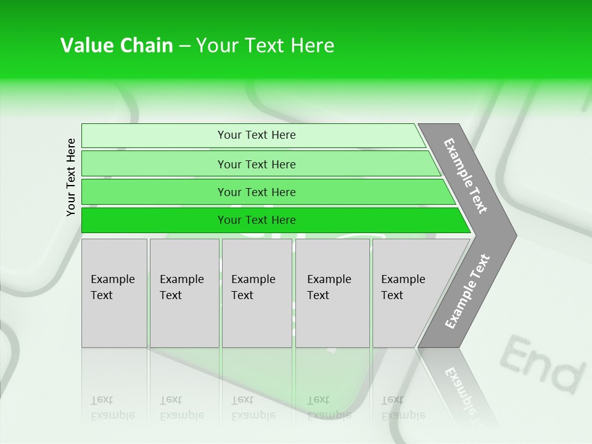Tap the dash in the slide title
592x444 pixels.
(x=184, y=46)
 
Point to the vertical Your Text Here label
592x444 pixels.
(x=71, y=178)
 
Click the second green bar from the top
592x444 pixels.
(x=256, y=164)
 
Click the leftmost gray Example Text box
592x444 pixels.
(x=114, y=293)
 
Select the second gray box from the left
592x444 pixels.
(x=184, y=293)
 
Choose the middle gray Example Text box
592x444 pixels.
(x=257, y=293)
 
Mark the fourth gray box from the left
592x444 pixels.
(x=332, y=293)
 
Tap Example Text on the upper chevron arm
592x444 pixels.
(x=466, y=176)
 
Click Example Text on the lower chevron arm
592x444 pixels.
(x=467, y=291)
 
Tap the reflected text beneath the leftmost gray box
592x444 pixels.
(x=112, y=407)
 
